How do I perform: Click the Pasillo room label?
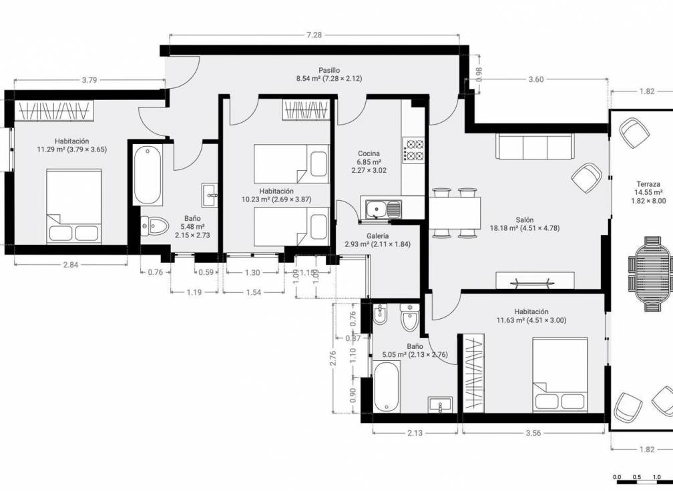(x=328, y=69)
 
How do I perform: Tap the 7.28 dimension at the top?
(x=314, y=35)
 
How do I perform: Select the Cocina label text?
(x=369, y=153)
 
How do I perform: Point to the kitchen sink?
(x=381, y=209)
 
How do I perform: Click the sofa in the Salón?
(x=535, y=146)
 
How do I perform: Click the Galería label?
(x=378, y=236)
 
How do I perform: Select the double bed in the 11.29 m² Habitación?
(x=73, y=206)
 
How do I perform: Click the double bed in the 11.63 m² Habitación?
(x=560, y=375)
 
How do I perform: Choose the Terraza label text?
(x=648, y=183)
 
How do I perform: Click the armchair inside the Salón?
(x=587, y=177)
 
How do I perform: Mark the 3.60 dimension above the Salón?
(x=535, y=79)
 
